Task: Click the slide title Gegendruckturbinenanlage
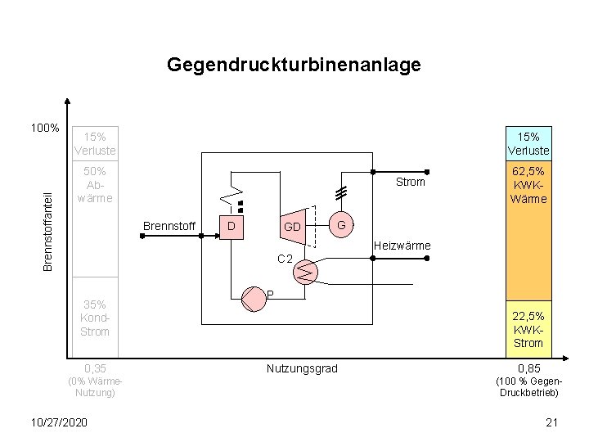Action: coord(294,65)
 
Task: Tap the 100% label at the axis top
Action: coord(44,129)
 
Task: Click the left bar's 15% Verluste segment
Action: coord(96,144)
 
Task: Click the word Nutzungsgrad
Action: coord(302,369)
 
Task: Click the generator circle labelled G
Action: coord(342,223)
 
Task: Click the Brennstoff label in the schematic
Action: coord(169,225)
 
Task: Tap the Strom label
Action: coord(410,182)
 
